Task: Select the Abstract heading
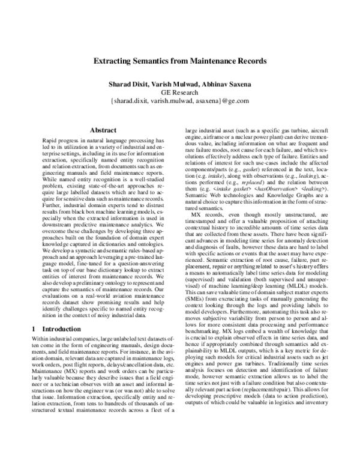(102, 129)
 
